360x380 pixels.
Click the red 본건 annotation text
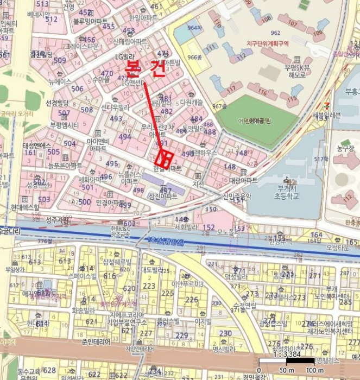[144, 68]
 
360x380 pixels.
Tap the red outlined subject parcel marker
[164, 159]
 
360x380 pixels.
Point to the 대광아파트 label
[243, 180]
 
